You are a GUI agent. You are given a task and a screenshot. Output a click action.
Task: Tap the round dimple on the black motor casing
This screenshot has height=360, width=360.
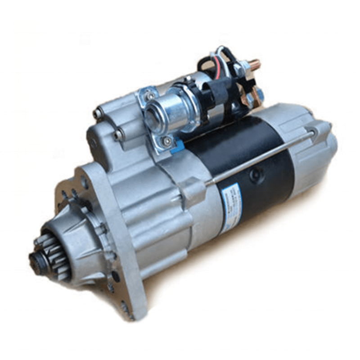(257, 175)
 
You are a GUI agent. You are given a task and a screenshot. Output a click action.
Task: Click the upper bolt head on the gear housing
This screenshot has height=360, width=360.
(97, 114)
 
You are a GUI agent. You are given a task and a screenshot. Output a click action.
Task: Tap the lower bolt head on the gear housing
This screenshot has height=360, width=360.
(117, 134)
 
